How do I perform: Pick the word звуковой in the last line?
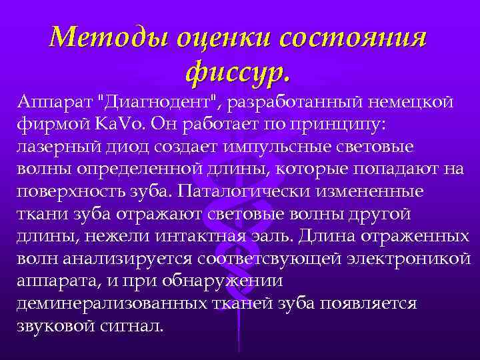tap(53, 327)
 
